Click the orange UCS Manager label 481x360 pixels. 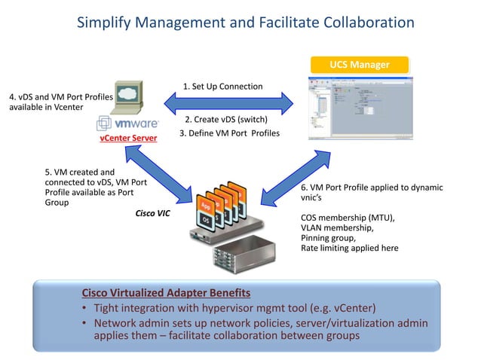359,65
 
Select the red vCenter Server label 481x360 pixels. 127,139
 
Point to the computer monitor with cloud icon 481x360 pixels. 124,96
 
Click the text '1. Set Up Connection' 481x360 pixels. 223,86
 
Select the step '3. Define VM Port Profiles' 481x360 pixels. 229,133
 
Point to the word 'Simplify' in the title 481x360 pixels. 106,23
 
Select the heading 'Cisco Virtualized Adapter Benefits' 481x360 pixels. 166,292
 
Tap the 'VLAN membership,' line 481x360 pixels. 336,227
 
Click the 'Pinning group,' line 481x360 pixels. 329,238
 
